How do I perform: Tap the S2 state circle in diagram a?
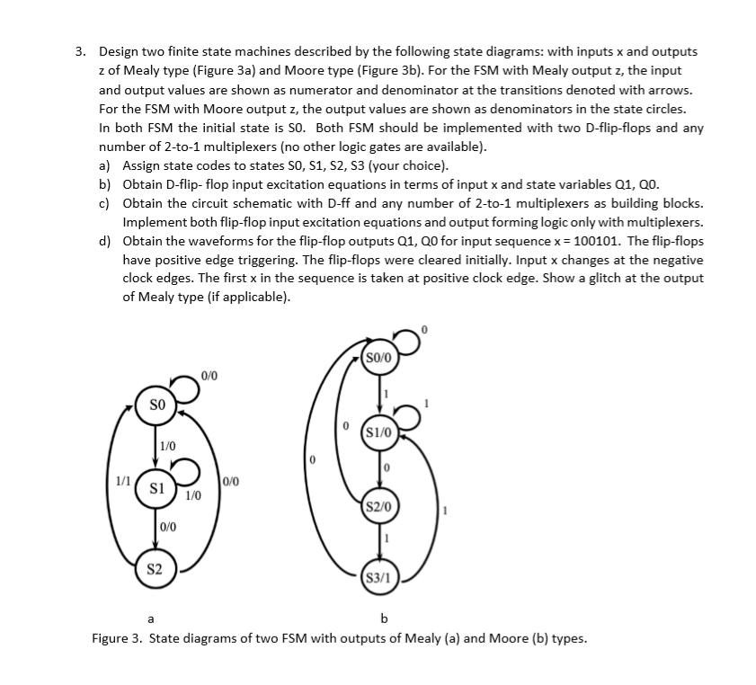point(154,569)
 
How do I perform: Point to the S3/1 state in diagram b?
point(378,577)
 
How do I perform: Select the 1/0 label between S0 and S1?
point(168,445)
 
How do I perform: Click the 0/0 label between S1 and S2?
point(168,528)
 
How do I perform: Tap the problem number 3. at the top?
point(81,53)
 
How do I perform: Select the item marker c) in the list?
point(106,203)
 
